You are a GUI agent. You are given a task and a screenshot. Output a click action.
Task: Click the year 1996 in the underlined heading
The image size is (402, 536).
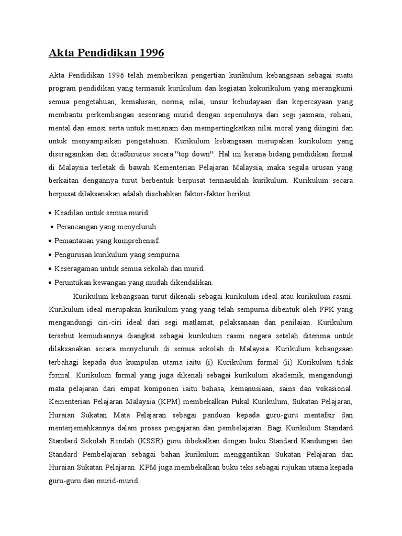click(x=149, y=52)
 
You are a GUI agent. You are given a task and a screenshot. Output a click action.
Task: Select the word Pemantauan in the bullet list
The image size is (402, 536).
click(x=76, y=241)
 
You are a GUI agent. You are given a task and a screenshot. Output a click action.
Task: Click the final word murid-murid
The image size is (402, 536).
click(x=118, y=484)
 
